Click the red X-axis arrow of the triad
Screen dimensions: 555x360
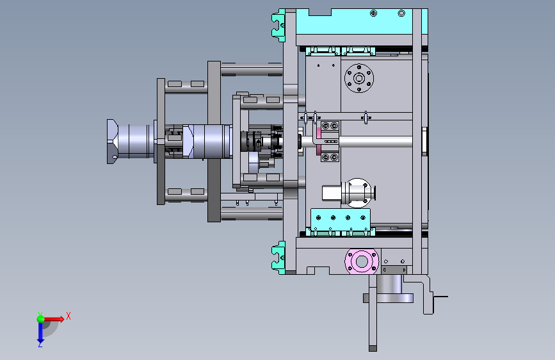coord(53,319)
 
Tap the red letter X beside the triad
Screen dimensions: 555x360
coord(68,316)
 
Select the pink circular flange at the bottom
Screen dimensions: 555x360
coord(362,261)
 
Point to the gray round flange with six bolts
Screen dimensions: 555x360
coord(359,78)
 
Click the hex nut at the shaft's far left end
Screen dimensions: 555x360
coord(113,142)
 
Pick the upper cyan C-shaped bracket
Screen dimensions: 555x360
coord(278,25)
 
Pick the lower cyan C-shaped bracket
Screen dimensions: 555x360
coord(278,258)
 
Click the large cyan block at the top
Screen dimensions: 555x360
coord(361,22)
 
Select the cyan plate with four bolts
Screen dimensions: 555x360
coord(341,219)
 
